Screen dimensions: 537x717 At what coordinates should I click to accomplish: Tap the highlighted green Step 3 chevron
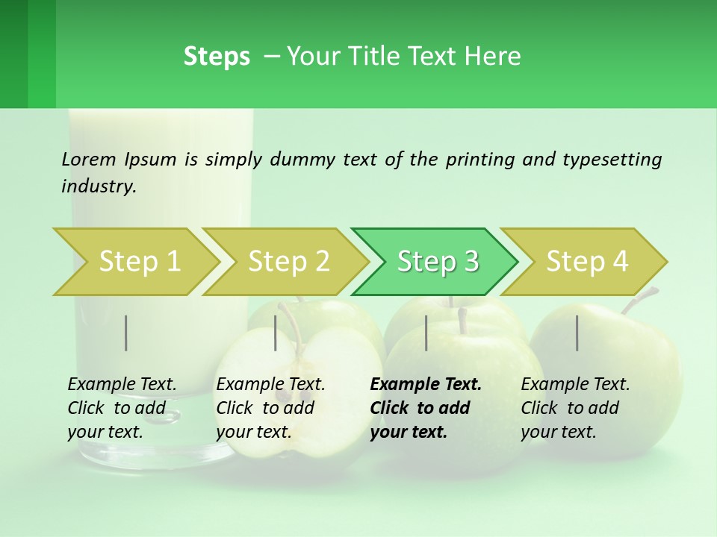[x=438, y=262]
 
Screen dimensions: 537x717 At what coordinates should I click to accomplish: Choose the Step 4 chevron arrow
[x=587, y=262]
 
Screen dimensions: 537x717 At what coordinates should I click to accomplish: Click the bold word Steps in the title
[x=217, y=56]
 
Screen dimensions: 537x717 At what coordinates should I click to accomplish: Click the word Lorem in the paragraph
[x=89, y=159]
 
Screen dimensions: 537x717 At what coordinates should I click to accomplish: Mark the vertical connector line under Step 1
[x=126, y=333]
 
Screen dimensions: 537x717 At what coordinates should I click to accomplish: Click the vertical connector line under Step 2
[x=276, y=333]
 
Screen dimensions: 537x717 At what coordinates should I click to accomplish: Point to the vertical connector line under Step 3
[x=426, y=333]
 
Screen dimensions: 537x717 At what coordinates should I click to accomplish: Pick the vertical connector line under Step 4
[x=577, y=333]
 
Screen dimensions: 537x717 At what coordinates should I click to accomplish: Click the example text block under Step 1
[x=122, y=408]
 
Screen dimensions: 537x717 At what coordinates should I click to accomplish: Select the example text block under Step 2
[x=270, y=408]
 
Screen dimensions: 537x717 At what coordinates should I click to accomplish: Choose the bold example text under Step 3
[x=426, y=408]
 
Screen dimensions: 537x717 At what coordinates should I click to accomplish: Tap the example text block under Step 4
[x=575, y=408]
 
